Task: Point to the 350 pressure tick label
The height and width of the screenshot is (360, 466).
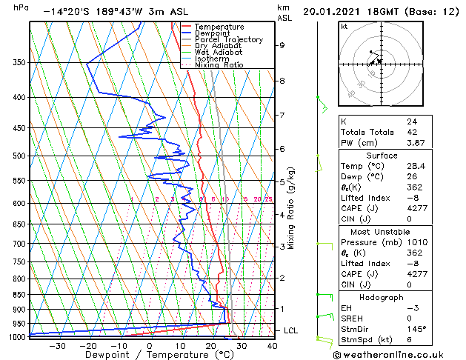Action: (x=19, y=63)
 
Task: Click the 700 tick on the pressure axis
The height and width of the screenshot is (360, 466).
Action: (x=19, y=244)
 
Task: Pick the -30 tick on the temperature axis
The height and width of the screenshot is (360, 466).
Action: (x=57, y=345)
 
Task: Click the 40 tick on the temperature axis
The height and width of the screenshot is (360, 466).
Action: (x=272, y=345)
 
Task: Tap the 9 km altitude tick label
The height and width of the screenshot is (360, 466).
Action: (x=282, y=45)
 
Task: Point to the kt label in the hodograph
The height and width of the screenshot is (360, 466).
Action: (x=344, y=27)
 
